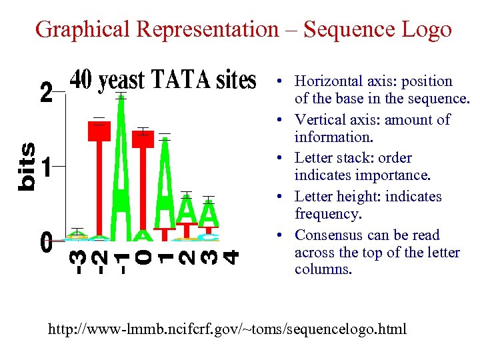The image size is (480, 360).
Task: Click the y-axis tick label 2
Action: coord(45,92)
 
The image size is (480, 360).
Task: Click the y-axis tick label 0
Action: coord(45,242)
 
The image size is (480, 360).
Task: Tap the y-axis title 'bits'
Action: coord(27,167)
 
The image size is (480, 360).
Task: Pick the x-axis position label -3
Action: coord(78,261)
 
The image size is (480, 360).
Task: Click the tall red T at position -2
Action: coord(100,173)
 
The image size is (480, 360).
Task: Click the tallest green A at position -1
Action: coord(121,167)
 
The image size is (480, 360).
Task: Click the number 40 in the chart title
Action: coord(81,80)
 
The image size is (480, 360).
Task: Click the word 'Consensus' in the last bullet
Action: coord(328,235)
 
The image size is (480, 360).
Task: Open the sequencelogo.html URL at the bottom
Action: coord(227,329)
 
